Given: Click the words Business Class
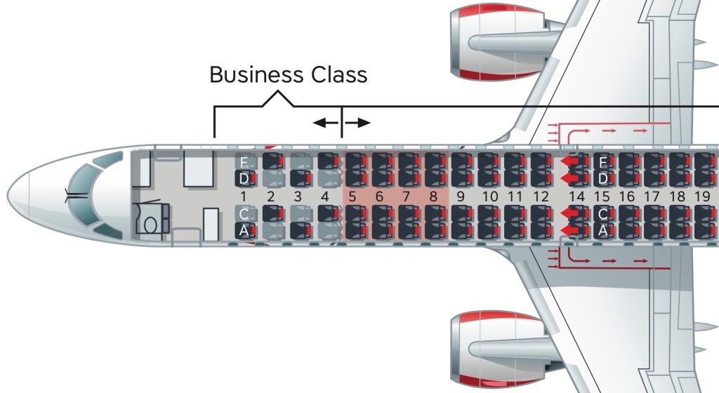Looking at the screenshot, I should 288,74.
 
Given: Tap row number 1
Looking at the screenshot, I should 243,196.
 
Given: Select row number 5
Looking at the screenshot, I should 352,196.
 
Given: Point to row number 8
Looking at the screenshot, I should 434,196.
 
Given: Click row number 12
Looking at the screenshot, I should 540,196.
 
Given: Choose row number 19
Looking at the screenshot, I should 701,196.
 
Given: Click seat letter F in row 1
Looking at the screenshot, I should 244,162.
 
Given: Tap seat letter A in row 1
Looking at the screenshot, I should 244,230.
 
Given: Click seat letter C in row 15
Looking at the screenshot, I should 602,214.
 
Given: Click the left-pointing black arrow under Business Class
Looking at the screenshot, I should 325,123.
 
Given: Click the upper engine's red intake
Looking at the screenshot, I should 456,41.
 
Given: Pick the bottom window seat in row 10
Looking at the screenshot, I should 488,230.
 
